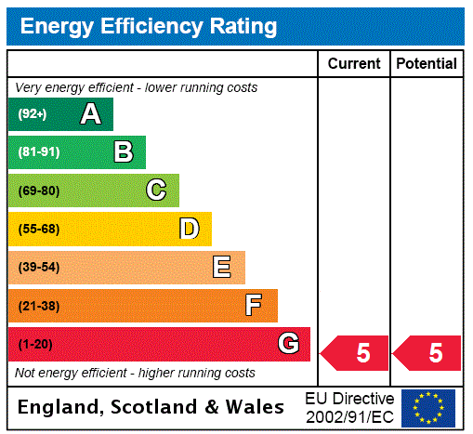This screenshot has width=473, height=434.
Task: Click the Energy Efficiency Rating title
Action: click(x=149, y=27)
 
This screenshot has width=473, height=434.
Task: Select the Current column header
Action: click(x=354, y=64)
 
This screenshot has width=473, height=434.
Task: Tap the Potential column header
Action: click(x=427, y=64)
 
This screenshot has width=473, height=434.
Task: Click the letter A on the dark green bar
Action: click(x=90, y=114)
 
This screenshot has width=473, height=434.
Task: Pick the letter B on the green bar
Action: click(x=123, y=152)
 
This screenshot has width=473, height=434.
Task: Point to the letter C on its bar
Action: click(x=156, y=191)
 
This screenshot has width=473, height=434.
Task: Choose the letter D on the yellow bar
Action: click(x=189, y=229)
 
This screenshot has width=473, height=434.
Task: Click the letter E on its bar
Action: click(x=222, y=268)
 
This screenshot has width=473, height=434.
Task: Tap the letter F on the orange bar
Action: click(x=254, y=305)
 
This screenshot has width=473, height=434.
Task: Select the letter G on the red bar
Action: click(x=288, y=344)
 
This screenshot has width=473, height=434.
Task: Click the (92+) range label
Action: click(x=33, y=114)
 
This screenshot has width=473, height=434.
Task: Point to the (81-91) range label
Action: click(x=38, y=152)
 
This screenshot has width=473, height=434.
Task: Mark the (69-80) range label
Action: click(x=38, y=191)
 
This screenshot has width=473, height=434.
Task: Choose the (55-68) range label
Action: click(x=38, y=229)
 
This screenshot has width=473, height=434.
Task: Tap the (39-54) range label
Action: click(x=38, y=268)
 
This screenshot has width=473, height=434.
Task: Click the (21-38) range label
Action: click(x=38, y=305)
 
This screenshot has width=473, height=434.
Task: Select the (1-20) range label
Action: click(x=35, y=344)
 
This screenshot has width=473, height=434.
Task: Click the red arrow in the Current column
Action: click(x=355, y=353)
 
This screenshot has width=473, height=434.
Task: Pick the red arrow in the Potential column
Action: click(x=427, y=353)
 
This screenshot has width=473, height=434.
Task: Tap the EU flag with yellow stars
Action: click(x=428, y=407)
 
